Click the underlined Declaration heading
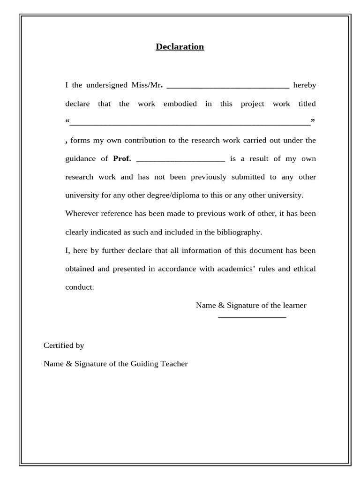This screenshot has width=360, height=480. click(x=180, y=47)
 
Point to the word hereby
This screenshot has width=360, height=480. click(x=304, y=85)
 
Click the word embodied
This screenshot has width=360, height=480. click(x=180, y=104)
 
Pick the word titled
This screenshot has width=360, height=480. click(x=307, y=104)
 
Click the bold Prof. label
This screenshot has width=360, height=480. click(x=122, y=159)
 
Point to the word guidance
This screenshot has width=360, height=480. click(x=80, y=159)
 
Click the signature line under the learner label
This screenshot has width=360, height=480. click(x=252, y=317)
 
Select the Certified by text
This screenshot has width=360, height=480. click(x=64, y=345)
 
